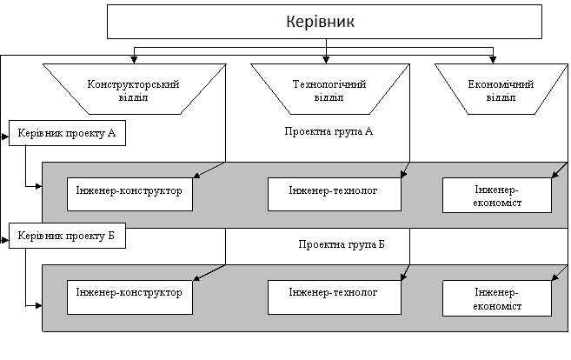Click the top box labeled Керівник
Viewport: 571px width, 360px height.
324,22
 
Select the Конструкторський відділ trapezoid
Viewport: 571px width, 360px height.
135,90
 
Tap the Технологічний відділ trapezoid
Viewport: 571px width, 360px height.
330,90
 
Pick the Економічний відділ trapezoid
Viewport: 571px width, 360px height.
501,90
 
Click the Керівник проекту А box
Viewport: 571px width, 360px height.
67,133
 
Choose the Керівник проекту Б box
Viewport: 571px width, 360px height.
67,236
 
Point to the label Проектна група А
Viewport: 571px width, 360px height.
329,131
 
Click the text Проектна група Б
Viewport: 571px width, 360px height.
342,244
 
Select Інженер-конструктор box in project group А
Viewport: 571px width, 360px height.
129,194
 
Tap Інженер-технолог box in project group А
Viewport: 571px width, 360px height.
335,194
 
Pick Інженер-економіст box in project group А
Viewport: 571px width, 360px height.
497,195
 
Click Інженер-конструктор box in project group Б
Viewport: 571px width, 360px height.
129,297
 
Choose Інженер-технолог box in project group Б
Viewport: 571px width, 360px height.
335,297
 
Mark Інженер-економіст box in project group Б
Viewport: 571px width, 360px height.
497,298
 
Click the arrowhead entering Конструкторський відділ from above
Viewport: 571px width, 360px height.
134,60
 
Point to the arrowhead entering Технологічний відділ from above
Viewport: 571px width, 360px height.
326,60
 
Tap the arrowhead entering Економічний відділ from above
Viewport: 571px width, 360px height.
493,60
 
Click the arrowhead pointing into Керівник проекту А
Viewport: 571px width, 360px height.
5,137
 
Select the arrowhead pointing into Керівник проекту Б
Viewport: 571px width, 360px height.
5,240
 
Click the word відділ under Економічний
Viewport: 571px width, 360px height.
501,97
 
